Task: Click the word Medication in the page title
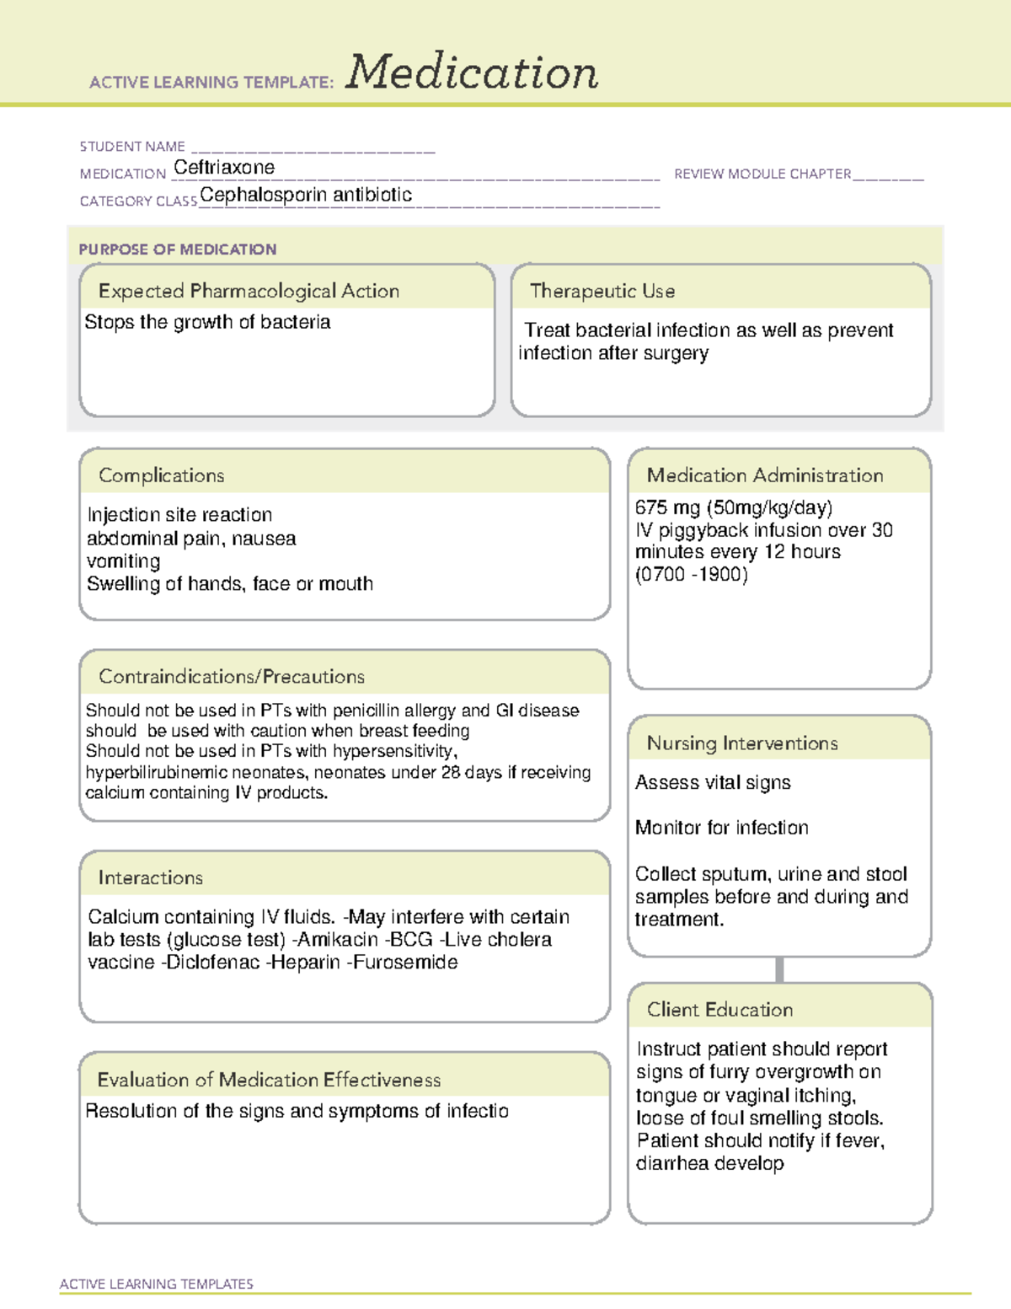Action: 472,72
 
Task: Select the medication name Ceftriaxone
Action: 224,168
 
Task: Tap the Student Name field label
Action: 132,147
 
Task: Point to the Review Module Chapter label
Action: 762,174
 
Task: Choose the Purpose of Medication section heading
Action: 178,249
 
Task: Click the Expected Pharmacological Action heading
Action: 249,291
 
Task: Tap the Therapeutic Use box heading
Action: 602,291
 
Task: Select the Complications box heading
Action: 162,475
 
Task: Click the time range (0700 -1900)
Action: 692,575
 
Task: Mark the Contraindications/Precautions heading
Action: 232,677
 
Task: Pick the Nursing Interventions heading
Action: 742,743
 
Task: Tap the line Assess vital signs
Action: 713,783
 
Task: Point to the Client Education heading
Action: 719,1010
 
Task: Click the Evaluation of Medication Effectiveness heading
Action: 269,1080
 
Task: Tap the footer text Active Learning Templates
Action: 157,1284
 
